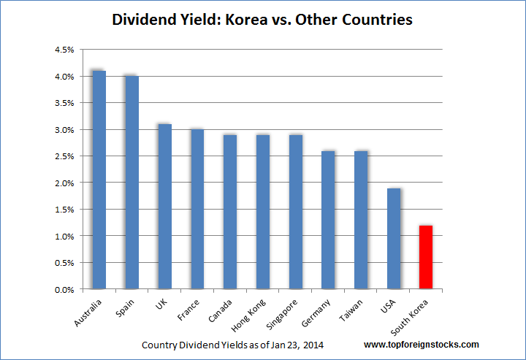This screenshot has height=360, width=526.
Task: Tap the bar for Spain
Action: [x=131, y=183]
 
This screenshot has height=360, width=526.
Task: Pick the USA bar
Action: [x=394, y=239]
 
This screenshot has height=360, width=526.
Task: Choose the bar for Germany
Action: [x=328, y=220]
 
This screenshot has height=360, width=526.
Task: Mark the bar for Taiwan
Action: [x=361, y=220]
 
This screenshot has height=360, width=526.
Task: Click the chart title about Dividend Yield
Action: [x=262, y=20]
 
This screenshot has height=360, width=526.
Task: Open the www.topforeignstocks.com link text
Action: [x=422, y=344]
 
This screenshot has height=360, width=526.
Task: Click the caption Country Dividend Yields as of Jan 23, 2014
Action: [x=233, y=344]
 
